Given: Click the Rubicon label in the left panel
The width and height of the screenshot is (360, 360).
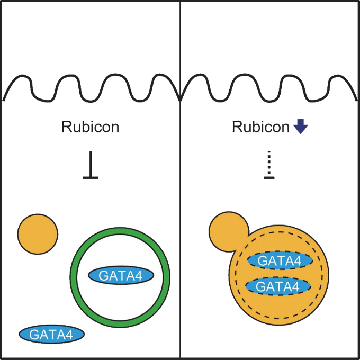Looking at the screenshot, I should coord(90,128).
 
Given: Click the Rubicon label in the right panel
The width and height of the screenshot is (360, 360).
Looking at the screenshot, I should coord(261,128).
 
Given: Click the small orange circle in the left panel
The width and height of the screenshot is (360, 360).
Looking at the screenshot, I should coord(38,233).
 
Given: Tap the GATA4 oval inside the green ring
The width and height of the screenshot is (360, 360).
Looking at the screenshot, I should coord(121,275).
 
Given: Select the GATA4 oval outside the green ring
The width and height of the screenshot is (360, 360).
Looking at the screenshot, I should coord(52,334).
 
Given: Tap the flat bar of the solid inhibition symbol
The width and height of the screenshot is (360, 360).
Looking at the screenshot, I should coord(91,177).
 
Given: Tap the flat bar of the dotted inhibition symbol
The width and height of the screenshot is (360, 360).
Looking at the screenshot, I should coord(269,177).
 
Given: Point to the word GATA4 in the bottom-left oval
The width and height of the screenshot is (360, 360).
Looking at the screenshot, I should coord(52,334).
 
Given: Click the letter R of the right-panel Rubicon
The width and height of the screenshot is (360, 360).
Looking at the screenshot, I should coord(236,128).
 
